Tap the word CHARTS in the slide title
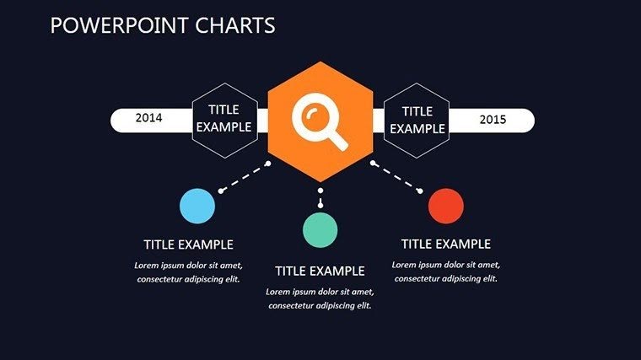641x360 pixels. (x=236, y=25)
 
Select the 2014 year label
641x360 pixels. (x=149, y=119)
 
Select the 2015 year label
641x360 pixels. (x=493, y=120)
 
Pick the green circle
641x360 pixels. (x=320, y=229)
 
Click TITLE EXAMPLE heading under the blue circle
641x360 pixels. (x=188, y=244)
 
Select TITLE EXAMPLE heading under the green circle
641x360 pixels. (x=320, y=271)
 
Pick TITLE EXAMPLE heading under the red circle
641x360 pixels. (x=445, y=244)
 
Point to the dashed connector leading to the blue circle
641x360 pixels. (x=245, y=177)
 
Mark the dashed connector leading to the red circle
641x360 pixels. (x=396, y=177)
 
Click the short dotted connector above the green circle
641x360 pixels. (x=320, y=199)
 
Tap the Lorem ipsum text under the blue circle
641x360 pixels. (x=188, y=271)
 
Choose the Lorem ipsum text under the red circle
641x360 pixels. (x=445, y=271)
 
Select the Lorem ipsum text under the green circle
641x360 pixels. (x=320, y=298)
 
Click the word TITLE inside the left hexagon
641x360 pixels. (x=224, y=110)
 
